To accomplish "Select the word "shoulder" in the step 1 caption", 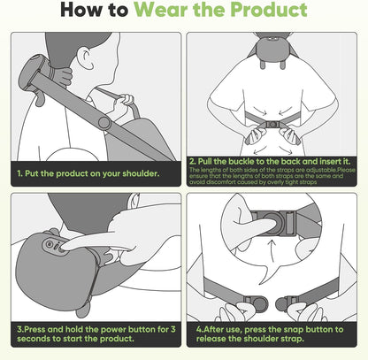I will (x=135, y=172).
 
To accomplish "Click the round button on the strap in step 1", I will (x=104, y=121).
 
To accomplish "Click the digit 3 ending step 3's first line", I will (x=177, y=326).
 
